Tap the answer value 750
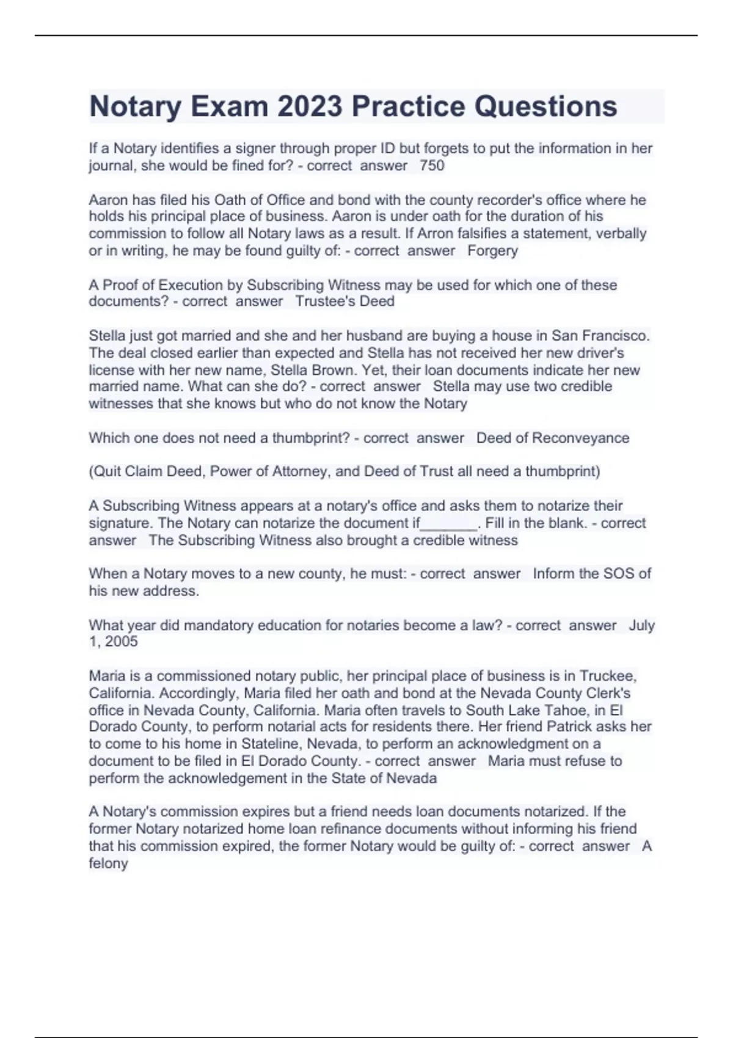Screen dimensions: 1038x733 click(x=432, y=165)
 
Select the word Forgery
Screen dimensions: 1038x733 click(x=492, y=250)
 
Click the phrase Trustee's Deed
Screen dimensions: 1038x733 click(x=345, y=301)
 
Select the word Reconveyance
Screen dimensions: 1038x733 click(x=580, y=438)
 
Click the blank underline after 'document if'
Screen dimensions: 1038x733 click(x=449, y=524)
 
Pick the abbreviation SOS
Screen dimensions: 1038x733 click(x=619, y=574)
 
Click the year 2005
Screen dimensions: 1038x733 click(x=121, y=642)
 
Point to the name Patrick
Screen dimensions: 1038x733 click(x=569, y=727)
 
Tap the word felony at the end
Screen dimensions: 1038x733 click(x=108, y=863)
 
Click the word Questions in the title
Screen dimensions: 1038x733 click(x=545, y=106)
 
